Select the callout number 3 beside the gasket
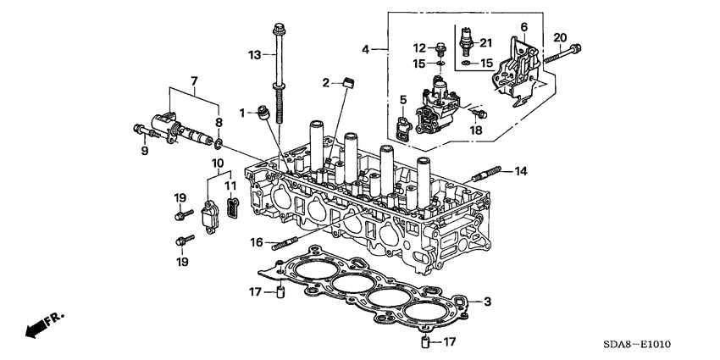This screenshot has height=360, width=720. pyautogui.click(x=487, y=301)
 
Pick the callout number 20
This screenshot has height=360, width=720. pyautogui.click(x=559, y=36)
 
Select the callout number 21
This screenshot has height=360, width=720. pyautogui.click(x=485, y=42)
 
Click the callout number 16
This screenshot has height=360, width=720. pyautogui.click(x=256, y=242)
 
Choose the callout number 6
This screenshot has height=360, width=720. pyautogui.click(x=523, y=27)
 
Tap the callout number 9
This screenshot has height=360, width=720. pyautogui.click(x=145, y=152)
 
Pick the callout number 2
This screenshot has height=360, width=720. pyautogui.click(x=324, y=82)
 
